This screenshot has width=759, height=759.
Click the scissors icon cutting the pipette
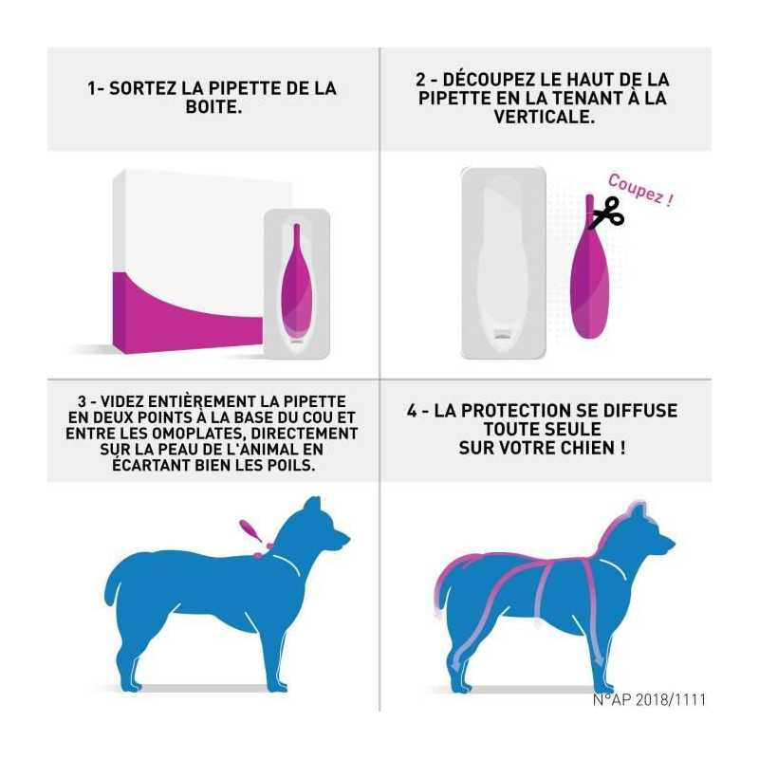(607, 212)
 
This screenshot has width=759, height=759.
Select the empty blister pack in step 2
(504, 263)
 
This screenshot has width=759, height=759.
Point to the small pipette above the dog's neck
(250, 531)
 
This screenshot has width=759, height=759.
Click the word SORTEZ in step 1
(143, 88)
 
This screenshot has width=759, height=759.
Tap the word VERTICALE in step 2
(544, 117)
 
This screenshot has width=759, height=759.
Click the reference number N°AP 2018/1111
(649, 699)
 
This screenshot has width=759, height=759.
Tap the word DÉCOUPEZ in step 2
(490, 79)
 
